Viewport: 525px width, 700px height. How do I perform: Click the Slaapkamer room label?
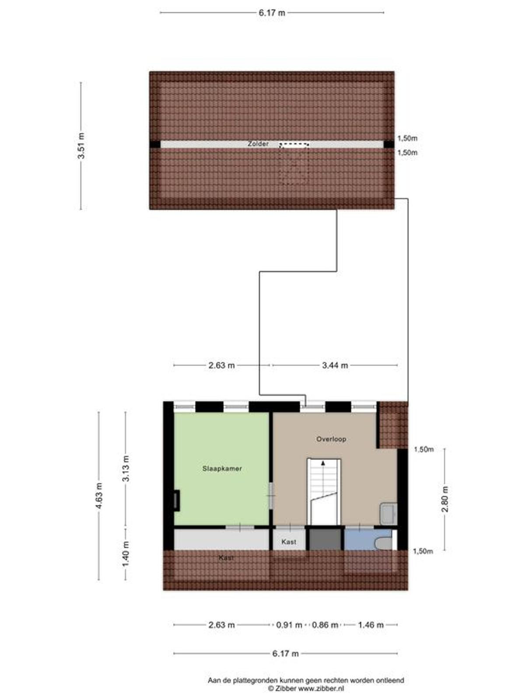222,469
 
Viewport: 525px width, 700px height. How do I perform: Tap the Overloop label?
331,439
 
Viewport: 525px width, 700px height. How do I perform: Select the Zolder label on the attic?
258,144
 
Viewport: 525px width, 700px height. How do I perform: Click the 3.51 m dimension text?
82,145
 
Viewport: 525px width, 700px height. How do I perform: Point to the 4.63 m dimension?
99,496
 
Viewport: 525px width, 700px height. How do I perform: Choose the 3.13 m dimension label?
126,469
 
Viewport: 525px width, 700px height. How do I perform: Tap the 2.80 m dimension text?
445,499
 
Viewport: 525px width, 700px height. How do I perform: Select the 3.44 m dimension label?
335,365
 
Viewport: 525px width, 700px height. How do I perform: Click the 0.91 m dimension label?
289,625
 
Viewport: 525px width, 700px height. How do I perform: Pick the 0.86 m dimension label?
325,625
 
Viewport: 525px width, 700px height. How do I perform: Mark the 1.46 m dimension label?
371,625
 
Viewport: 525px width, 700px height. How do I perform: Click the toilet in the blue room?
384,543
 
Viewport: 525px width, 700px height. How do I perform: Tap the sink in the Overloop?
388,514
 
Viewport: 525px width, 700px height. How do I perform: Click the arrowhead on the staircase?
323,463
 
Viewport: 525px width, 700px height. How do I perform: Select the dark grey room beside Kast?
325,539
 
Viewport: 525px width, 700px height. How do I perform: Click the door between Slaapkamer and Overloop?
271,496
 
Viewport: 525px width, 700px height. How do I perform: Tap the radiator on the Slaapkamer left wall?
177,500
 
